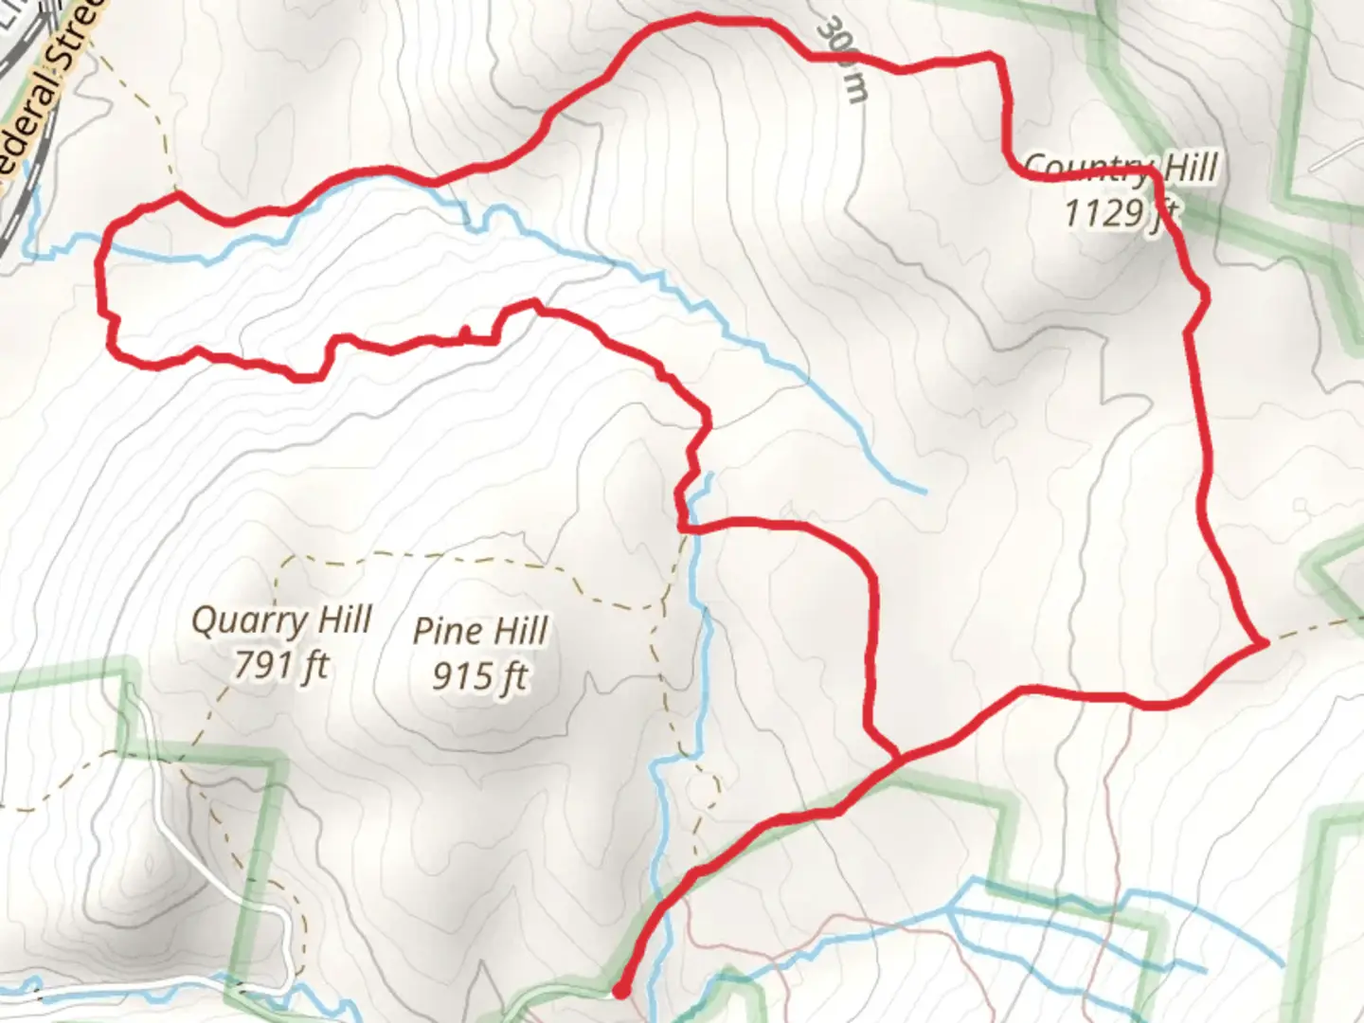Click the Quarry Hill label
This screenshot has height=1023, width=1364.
pyautogui.click(x=281, y=621)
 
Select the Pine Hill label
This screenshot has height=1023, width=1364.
pyautogui.click(x=480, y=631)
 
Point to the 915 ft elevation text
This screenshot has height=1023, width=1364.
pyautogui.click(x=479, y=675)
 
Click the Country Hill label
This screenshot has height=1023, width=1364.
pyautogui.click(x=1121, y=168)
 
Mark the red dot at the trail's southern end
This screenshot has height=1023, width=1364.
pyautogui.click(x=620, y=991)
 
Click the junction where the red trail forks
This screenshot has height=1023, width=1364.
pyautogui.click(x=897, y=757)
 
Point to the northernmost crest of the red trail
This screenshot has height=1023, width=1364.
pyautogui.click(x=699, y=16)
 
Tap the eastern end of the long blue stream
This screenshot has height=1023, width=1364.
pyautogui.click(x=923, y=491)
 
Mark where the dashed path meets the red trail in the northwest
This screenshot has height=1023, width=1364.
pyautogui.click(x=176, y=195)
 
